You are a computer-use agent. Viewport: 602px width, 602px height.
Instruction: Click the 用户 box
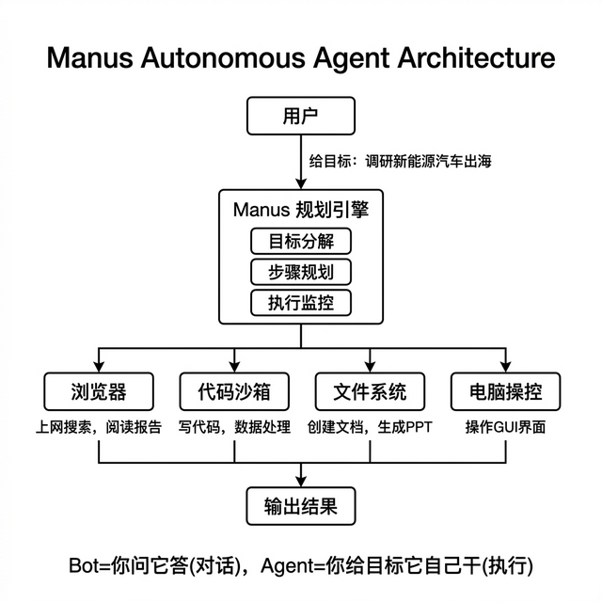(301, 118)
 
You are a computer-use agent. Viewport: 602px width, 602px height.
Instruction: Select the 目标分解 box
(301, 241)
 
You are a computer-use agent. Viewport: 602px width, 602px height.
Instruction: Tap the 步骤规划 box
(301, 272)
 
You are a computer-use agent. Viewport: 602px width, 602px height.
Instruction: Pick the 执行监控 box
(301, 303)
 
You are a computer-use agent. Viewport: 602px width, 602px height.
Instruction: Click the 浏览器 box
(99, 390)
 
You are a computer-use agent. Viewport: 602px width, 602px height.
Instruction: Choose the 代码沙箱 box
(233, 390)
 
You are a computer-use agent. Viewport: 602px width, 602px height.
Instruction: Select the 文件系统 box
(370, 390)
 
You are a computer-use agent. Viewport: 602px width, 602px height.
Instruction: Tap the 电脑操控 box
(504, 390)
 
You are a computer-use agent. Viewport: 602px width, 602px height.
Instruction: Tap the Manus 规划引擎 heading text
(301, 209)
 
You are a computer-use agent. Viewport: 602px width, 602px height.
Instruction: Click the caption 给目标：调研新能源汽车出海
(401, 161)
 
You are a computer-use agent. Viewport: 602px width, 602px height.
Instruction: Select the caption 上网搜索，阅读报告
(99, 427)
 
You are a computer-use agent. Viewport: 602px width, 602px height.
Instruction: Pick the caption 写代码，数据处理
(235, 427)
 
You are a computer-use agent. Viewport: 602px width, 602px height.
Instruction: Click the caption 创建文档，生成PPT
(370, 427)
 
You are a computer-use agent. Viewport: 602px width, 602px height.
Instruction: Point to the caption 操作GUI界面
(505, 427)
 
